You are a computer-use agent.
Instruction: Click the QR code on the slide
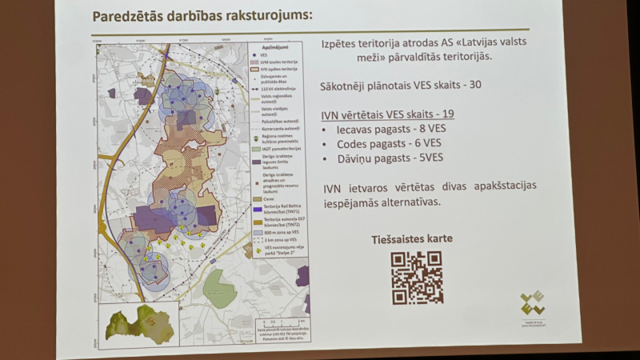point(416,278)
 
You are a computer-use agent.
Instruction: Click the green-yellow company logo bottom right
point(534,305)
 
